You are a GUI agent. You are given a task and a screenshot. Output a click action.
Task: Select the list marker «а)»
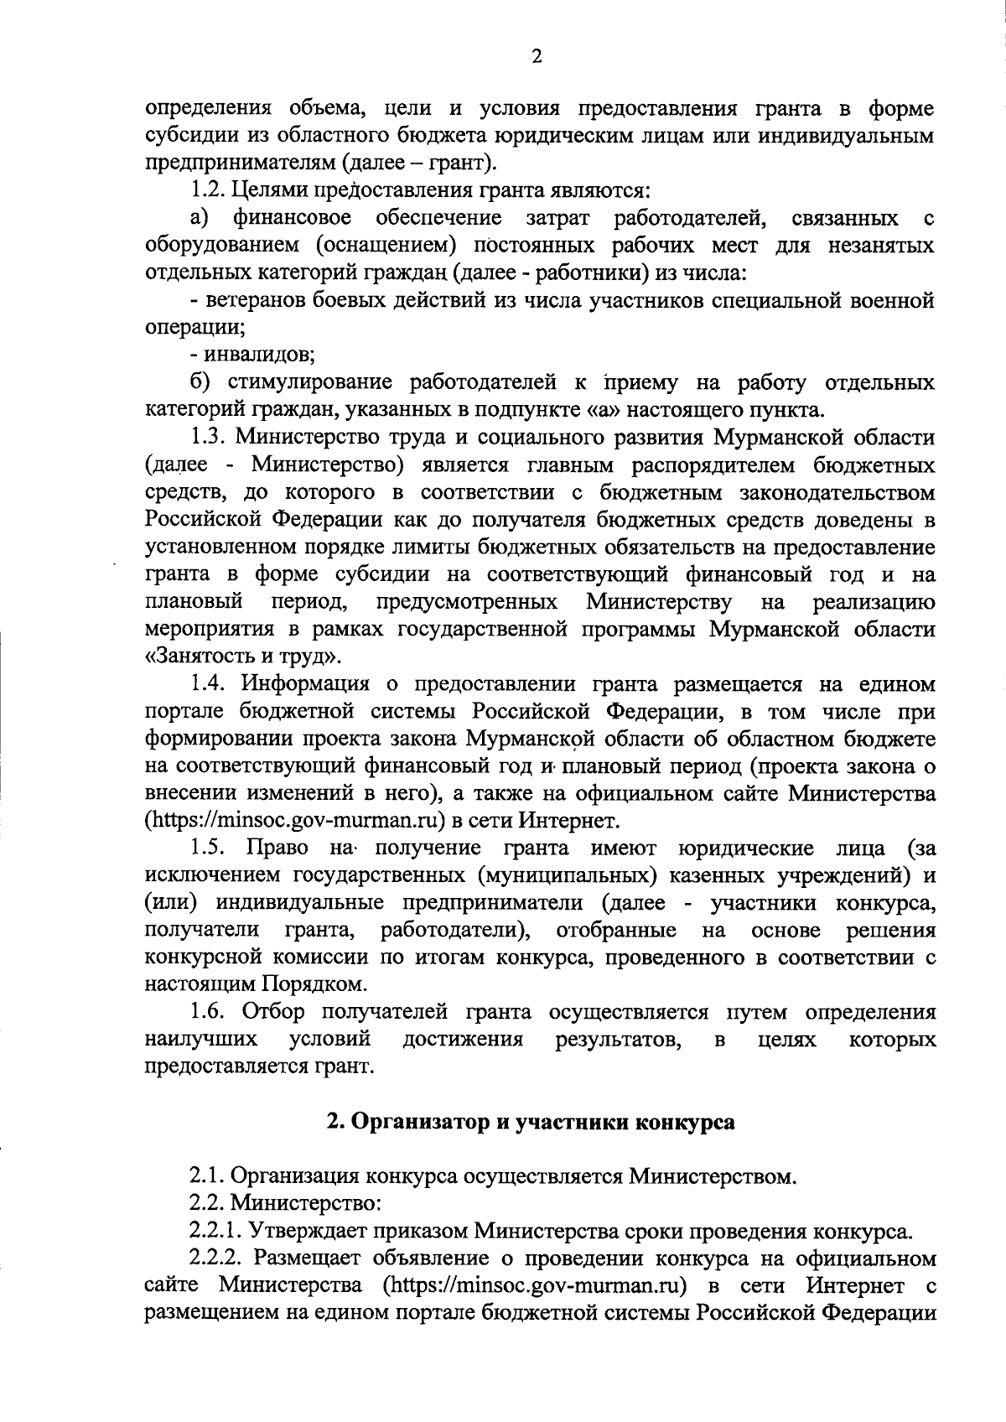click(x=200, y=219)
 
